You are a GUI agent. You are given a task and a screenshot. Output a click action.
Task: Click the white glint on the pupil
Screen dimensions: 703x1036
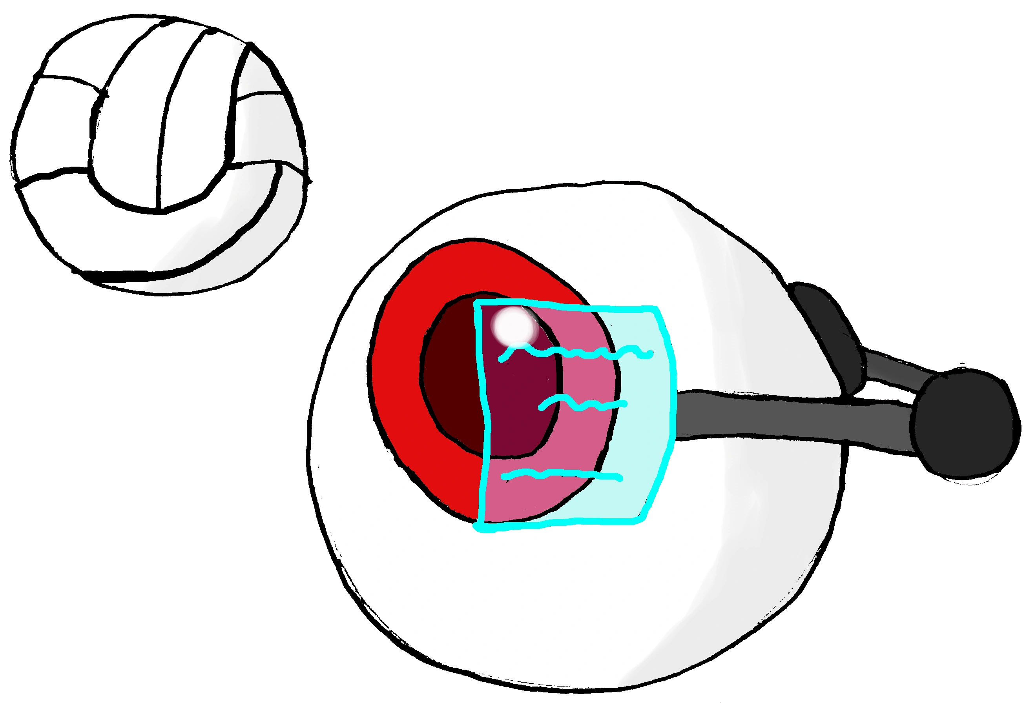(514, 325)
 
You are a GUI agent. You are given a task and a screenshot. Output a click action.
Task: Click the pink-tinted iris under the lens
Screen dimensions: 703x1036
(584, 437)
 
